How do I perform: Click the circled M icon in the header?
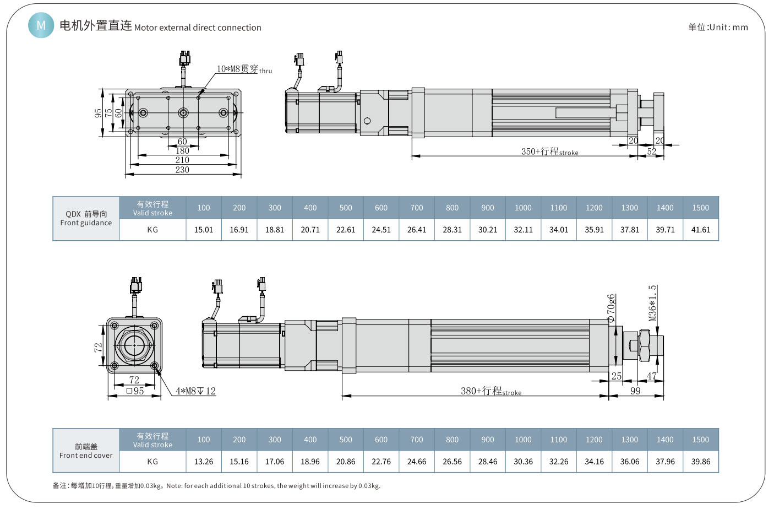tap(41, 25)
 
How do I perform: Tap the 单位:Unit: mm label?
tap(718, 27)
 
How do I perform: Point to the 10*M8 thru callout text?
tap(243, 69)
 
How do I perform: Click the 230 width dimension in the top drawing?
tap(182, 170)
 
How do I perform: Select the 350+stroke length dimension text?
tap(549, 151)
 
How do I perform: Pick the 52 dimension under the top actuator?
tap(651, 151)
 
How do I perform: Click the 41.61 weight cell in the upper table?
tap(700, 230)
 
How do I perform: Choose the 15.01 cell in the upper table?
tap(203, 230)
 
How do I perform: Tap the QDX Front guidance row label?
tap(86, 218)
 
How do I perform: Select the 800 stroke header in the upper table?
tap(452, 208)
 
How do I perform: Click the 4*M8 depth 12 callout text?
tap(195, 391)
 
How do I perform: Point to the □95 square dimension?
tap(135, 391)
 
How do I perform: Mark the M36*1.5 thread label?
tap(652, 302)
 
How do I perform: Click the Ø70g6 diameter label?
tap(611, 308)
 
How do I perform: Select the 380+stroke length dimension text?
tap(490, 391)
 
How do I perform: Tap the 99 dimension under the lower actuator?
tap(635, 391)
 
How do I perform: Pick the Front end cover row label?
tap(86, 451)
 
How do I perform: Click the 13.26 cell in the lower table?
tap(203, 462)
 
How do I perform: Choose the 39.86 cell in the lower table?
tap(700, 462)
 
